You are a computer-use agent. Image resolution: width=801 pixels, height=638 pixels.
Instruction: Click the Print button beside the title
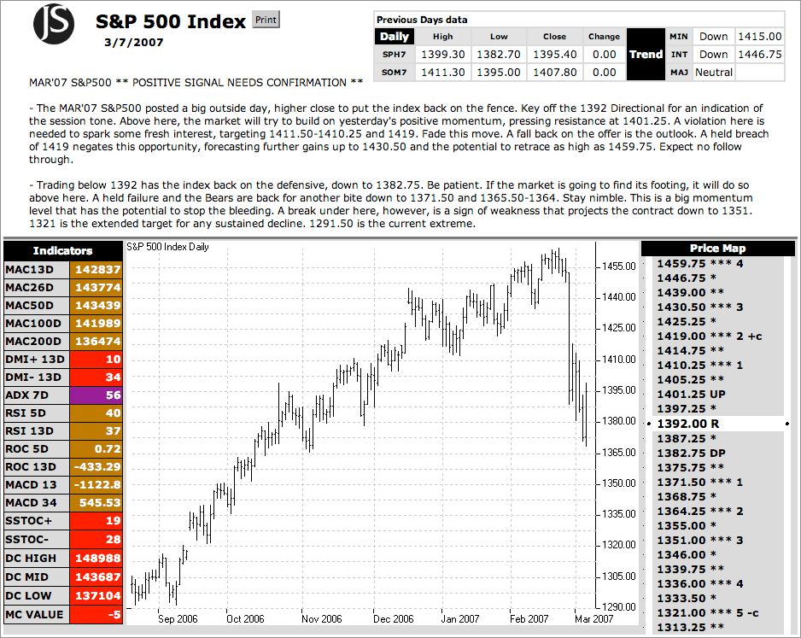pyautogui.click(x=266, y=20)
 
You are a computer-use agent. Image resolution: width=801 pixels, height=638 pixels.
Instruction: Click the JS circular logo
pyautogui.click(x=54, y=23)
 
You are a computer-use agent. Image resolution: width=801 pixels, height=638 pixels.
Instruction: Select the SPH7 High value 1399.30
pyautogui.click(x=442, y=54)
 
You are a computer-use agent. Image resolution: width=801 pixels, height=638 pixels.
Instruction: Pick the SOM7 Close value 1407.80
pyautogui.click(x=554, y=73)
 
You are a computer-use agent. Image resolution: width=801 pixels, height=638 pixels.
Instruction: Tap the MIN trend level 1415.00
pyautogui.click(x=760, y=37)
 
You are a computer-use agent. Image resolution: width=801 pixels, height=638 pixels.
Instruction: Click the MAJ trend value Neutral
pyautogui.click(x=714, y=73)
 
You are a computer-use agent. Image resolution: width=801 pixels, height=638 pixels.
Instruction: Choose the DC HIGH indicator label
pyautogui.click(x=37, y=558)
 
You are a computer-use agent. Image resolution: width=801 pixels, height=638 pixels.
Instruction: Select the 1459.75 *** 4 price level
pyautogui.click(x=699, y=264)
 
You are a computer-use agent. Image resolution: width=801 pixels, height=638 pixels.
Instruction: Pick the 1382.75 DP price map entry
pyautogui.click(x=691, y=453)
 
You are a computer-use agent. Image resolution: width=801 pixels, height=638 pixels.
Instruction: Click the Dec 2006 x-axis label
pyautogui.click(x=394, y=619)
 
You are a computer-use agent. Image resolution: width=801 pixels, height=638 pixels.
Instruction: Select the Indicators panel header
pyautogui.click(x=62, y=250)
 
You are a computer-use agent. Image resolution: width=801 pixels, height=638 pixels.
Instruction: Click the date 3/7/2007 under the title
pyautogui.click(x=134, y=41)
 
